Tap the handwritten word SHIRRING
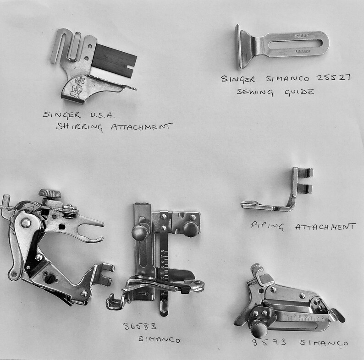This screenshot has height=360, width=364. pyautogui.click(x=76, y=126)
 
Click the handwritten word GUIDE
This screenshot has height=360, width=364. pyautogui.click(x=298, y=92)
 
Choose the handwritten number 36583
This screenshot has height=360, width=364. pyautogui.click(x=139, y=327)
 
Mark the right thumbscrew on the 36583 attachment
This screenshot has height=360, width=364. pyautogui.click(x=190, y=228)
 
